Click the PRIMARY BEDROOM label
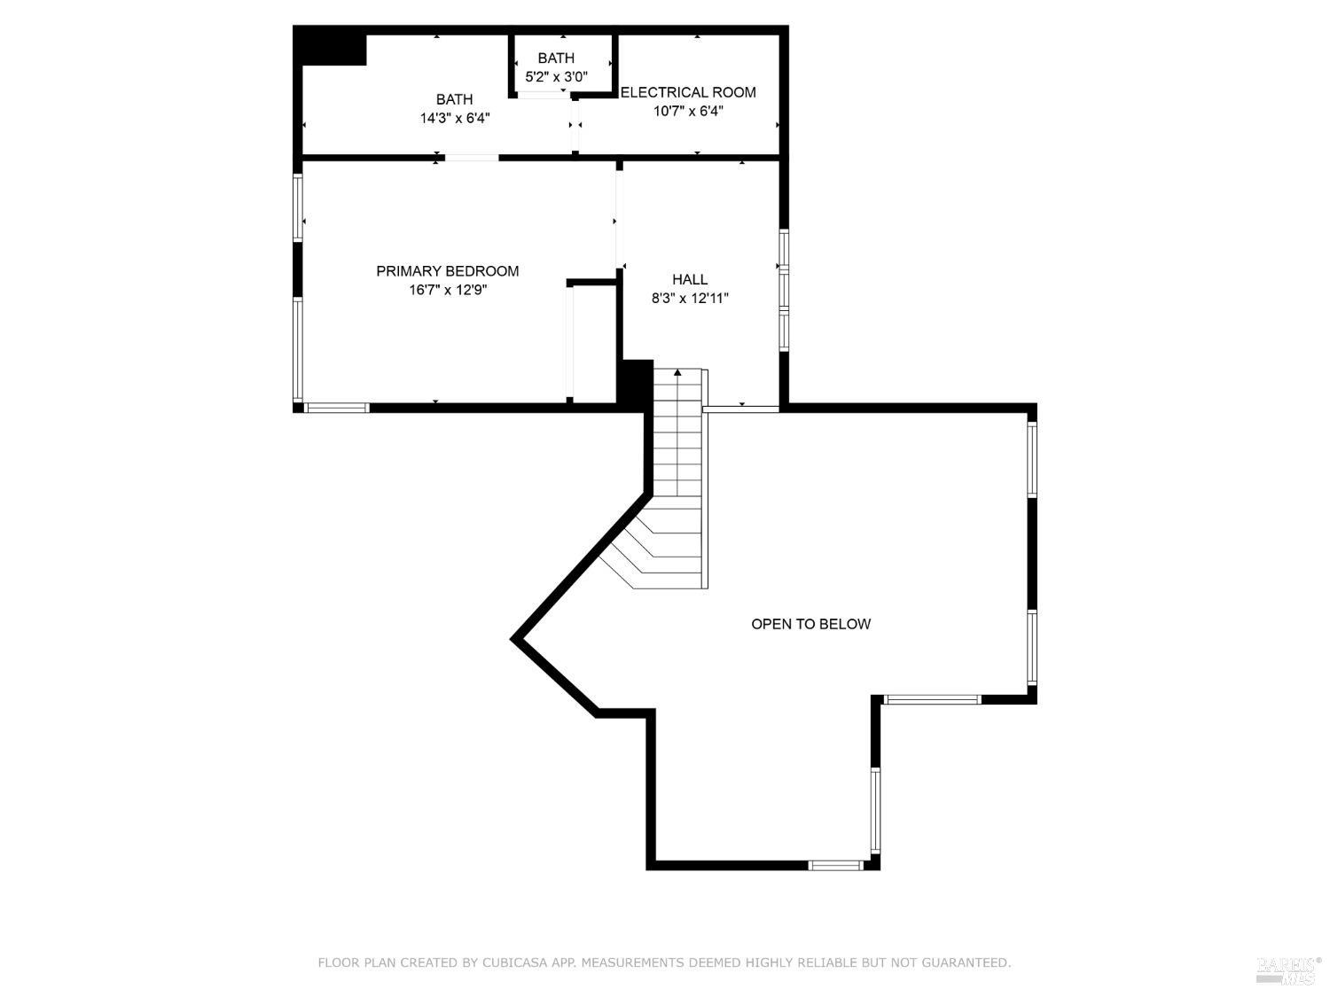[447, 271]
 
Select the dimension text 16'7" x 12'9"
[447, 290]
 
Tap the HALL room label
[689, 279]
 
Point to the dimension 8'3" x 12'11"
[689, 299]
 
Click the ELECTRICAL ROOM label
[688, 92]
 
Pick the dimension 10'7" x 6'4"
[688, 111]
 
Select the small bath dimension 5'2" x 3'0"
[556, 77]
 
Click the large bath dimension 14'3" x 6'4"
[454, 118]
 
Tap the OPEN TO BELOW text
[810, 624]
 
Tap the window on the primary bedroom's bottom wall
[336, 408]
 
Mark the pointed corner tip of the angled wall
[515, 638]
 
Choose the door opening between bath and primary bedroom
[472, 158]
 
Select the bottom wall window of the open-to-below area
[835, 865]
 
